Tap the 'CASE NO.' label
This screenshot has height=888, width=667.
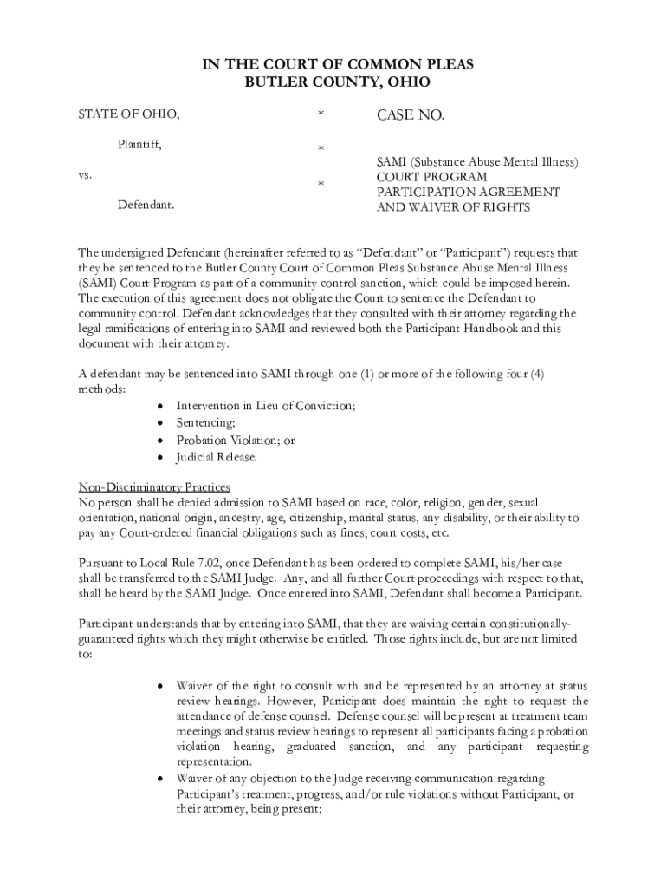coord(410,115)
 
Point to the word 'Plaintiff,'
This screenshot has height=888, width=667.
coord(139,144)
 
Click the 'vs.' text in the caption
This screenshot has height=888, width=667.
coord(86,174)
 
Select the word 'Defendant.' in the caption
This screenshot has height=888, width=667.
coord(146,206)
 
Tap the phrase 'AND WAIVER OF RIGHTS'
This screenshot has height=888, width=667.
coord(452,208)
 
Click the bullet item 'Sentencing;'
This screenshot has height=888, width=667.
coord(205,423)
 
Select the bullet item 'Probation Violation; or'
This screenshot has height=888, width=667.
coord(236,441)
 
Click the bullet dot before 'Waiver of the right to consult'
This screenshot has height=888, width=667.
coord(160,685)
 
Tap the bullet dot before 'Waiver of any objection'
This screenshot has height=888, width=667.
coord(160,778)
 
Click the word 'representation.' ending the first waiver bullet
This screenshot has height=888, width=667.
coord(214,762)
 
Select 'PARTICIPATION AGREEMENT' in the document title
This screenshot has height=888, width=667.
coord(467,192)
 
